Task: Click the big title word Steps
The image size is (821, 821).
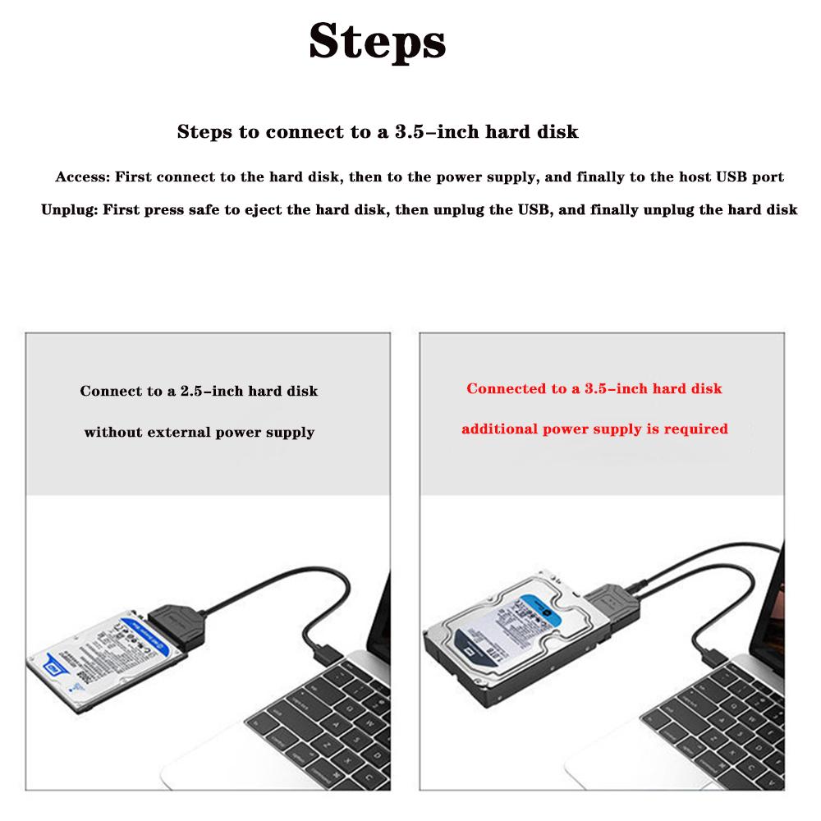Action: [x=377, y=42]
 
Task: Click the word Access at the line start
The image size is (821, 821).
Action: [x=80, y=177]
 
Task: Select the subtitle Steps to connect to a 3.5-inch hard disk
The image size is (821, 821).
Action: [x=378, y=131]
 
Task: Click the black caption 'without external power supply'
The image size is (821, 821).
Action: [x=199, y=432]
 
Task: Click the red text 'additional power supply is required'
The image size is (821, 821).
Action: [x=594, y=429]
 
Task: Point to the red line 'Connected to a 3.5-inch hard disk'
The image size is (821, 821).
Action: [x=594, y=388]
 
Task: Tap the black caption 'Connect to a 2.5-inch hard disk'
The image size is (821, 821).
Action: [x=199, y=391]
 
